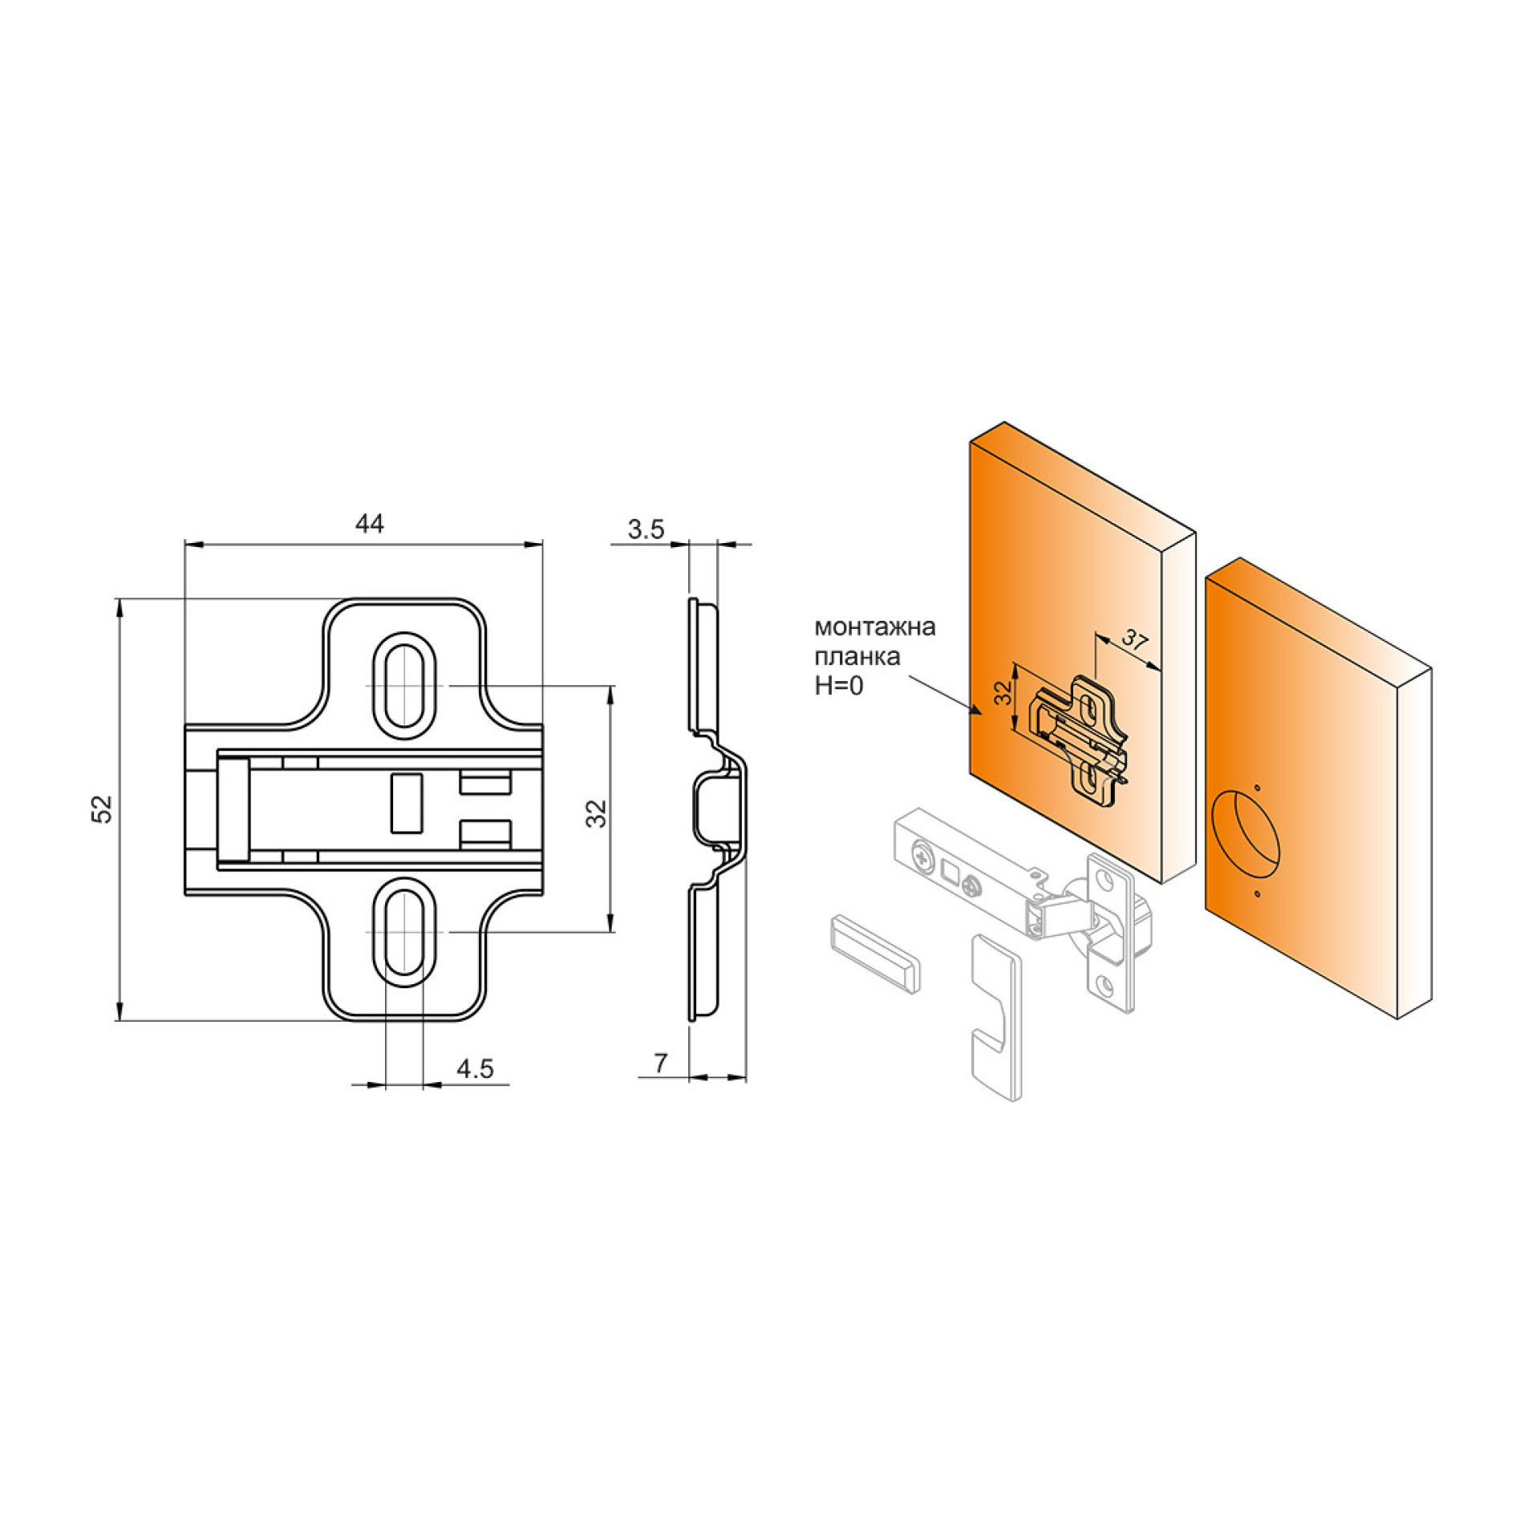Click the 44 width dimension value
pyautogui.click(x=369, y=524)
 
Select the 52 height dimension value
pyautogui.click(x=103, y=809)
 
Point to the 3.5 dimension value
pyautogui.click(x=646, y=529)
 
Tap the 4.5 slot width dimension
pyautogui.click(x=475, y=1068)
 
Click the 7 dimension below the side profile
pyautogui.click(x=660, y=1063)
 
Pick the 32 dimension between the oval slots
pyautogui.click(x=597, y=813)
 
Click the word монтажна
pyautogui.click(x=875, y=626)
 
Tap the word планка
pyautogui.click(x=857, y=657)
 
